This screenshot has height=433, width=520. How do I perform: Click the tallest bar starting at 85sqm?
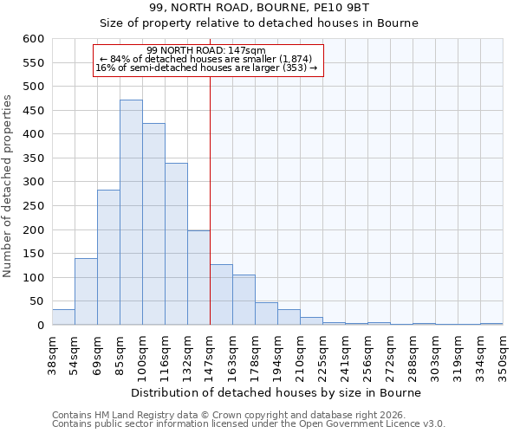tap(131, 212)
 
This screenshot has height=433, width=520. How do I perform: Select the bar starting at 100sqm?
tap(153, 224)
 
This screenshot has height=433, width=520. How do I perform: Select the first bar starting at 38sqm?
tap(63, 317)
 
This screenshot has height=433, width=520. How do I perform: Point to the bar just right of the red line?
tap(221, 295)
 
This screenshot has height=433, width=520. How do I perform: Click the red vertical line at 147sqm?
tap(210, 199)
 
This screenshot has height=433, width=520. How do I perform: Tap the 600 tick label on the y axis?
tap(33, 39)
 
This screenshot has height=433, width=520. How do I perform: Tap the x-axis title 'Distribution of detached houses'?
tap(277, 392)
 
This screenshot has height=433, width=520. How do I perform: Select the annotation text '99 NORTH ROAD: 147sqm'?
tap(206, 50)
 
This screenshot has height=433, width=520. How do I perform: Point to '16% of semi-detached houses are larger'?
tap(206, 68)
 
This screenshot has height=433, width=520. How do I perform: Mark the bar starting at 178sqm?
tap(266, 313)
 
